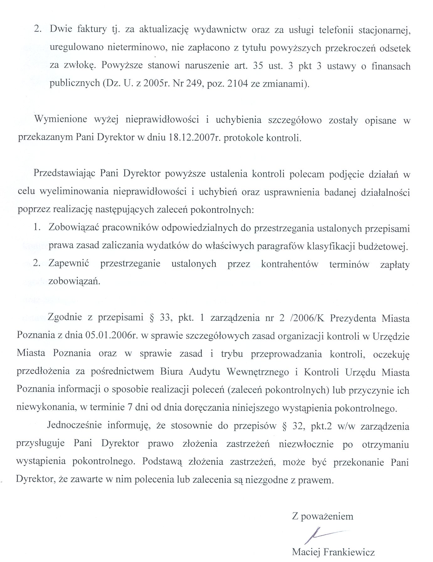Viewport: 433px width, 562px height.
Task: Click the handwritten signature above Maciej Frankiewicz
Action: (x=323, y=534)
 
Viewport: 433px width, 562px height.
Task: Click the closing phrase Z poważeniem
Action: (x=322, y=516)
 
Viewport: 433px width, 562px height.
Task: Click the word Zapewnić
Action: (x=69, y=264)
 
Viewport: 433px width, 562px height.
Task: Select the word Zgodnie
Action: (x=65, y=318)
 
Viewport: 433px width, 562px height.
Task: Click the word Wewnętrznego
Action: (x=258, y=372)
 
